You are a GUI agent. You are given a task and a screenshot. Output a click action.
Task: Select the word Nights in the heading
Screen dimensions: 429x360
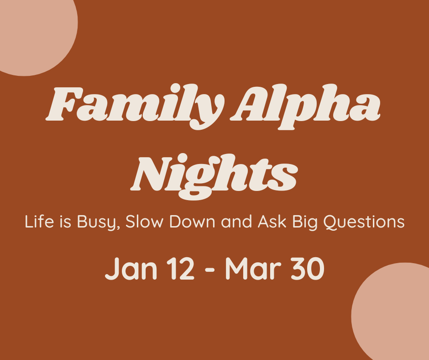[214, 177]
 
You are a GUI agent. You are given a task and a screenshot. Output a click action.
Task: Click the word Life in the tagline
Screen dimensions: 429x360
[39, 221]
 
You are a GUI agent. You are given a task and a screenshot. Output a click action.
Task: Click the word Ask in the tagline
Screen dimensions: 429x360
[272, 221]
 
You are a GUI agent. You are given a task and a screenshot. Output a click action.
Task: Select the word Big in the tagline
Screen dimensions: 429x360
[305, 223]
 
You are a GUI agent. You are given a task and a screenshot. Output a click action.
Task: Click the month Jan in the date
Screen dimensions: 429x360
[131, 269]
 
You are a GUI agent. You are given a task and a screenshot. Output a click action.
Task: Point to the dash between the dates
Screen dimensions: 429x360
[209, 270]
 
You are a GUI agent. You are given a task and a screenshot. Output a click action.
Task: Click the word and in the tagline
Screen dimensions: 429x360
[236, 221]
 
